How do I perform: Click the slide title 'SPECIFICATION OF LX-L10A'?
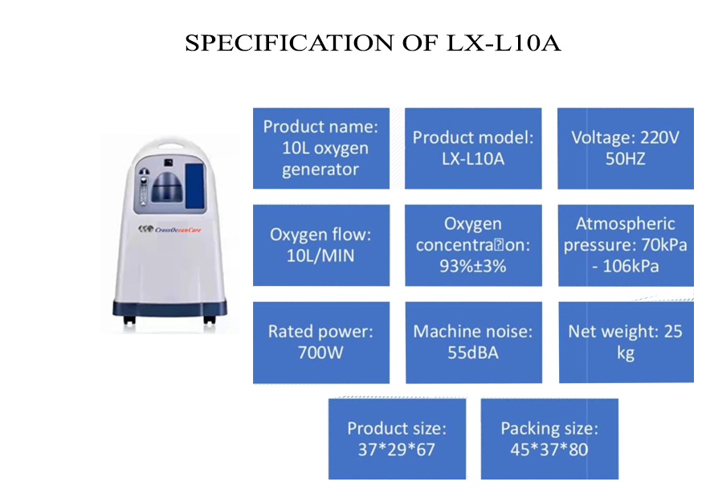(373, 43)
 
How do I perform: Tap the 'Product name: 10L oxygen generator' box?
(321, 148)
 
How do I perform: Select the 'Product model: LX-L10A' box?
(473, 148)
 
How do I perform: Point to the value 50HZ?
(626, 159)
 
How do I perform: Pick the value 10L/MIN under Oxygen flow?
(320, 255)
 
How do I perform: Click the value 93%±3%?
(473, 266)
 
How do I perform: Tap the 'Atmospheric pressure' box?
(626, 245)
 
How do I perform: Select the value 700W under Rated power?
(320, 353)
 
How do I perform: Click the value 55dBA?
(473, 353)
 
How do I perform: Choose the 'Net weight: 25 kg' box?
(626, 342)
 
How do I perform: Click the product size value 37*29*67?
(397, 449)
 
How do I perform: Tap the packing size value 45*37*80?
(549, 449)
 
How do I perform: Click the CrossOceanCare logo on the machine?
(169, 230)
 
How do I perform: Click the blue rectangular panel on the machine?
(195, 186)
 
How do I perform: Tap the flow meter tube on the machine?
(144, 188)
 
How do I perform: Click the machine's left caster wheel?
(129, 320)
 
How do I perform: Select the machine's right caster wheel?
(210, 320)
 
